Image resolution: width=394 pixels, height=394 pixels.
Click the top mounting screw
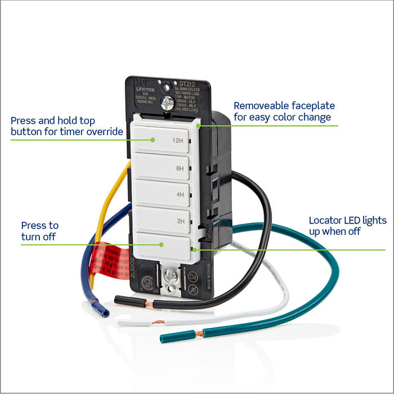pos(167,103)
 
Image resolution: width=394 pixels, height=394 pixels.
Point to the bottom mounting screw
pos(169,276)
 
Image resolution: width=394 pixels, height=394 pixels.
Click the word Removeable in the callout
pos(261,105)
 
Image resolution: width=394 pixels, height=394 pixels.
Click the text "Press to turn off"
pos(39,231)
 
